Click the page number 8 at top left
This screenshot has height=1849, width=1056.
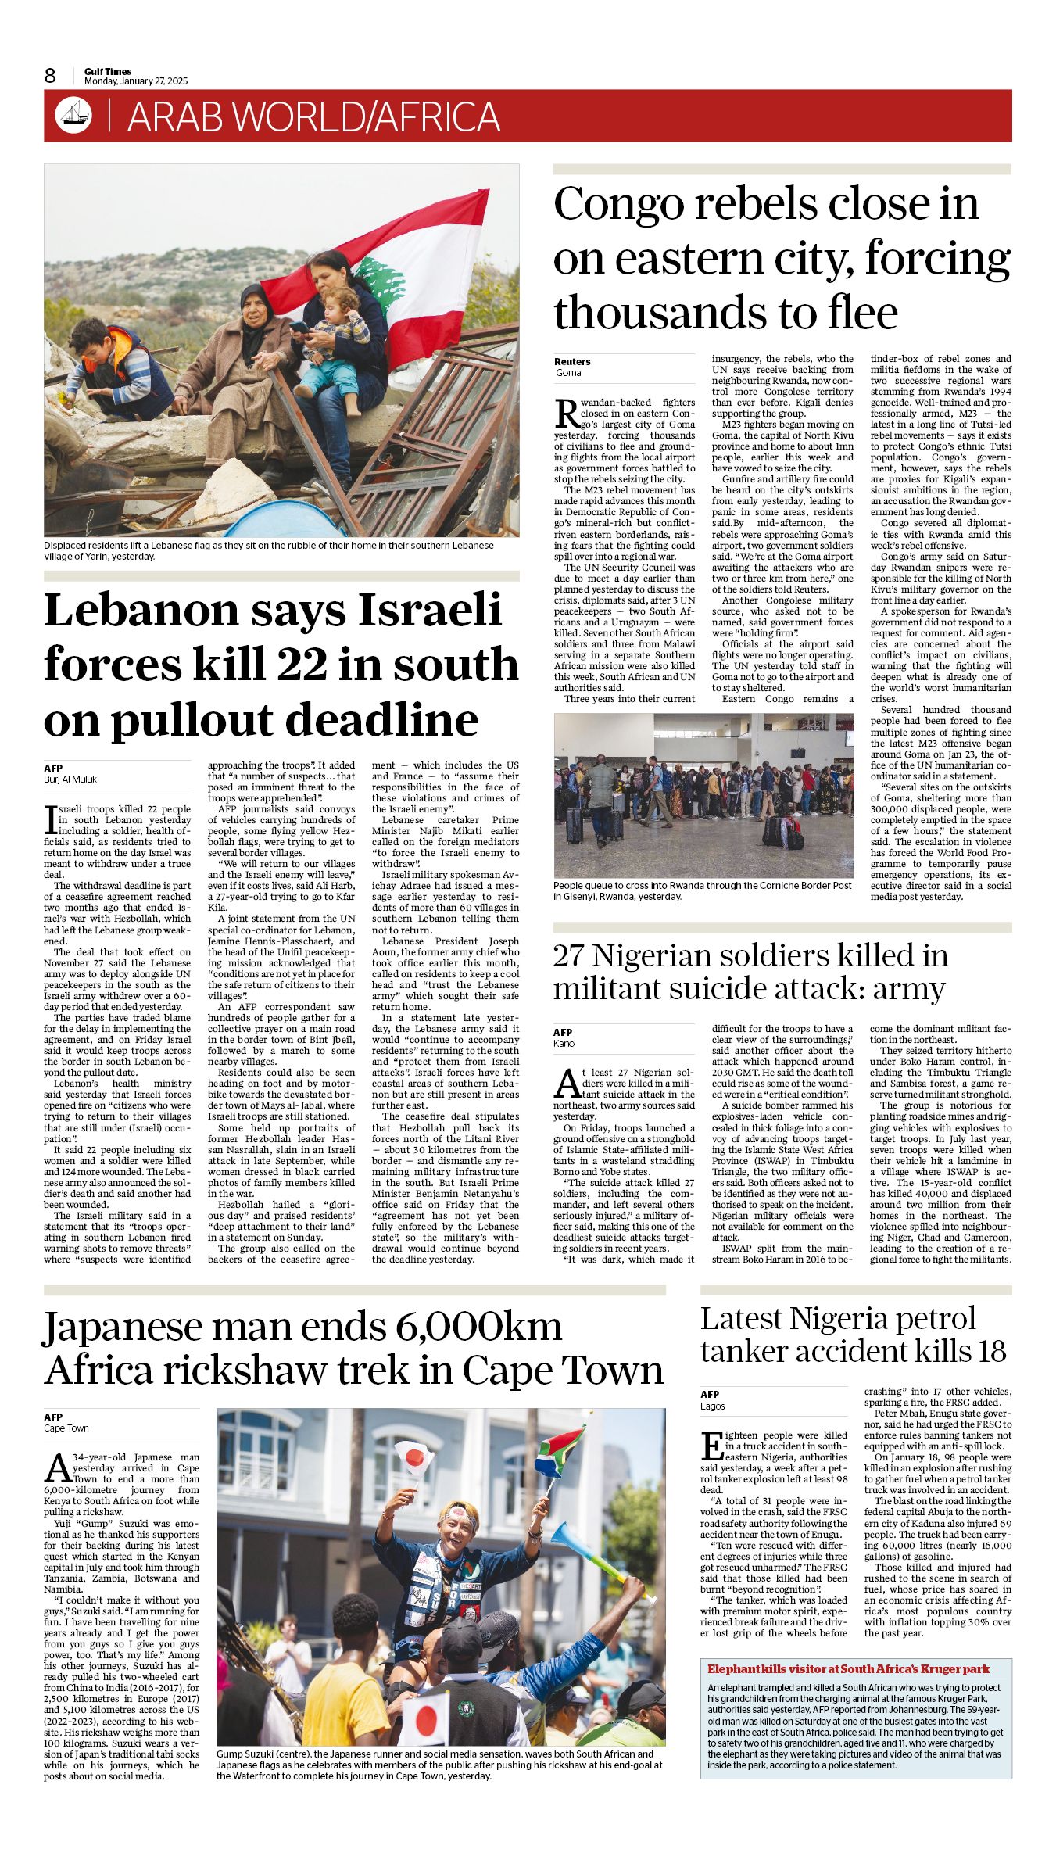[x=51, y=75]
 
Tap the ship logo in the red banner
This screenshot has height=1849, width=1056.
[x=73, y=116]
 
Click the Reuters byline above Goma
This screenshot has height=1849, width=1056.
[x=572, y=361]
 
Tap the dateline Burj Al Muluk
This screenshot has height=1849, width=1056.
[x=70, y=779]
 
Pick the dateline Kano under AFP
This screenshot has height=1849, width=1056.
[x=564, y=1043]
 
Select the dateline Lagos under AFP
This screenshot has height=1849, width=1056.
[x=713, y=1406]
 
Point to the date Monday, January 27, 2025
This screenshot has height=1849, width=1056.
[x=136, y=81]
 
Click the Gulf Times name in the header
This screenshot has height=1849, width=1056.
[x=108, y=71]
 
